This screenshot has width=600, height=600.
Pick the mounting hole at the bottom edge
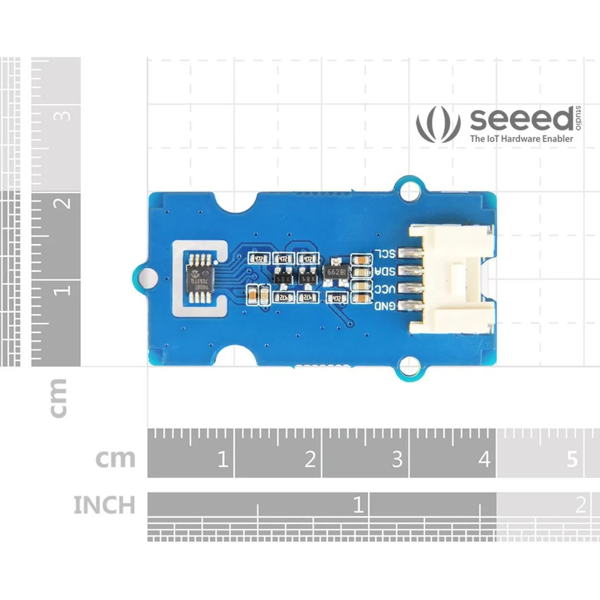(410, 367)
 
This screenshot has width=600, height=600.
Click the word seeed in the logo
(521, 120)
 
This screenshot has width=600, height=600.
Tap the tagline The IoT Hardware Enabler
(521, 139)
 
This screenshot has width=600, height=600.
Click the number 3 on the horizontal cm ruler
(397, 459)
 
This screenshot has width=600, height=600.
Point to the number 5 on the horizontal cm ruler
(572, 459)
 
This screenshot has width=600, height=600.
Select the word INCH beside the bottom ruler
(104, 505)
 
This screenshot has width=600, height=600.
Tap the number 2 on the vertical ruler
(64, 203)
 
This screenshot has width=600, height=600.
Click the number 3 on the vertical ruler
(64, 115)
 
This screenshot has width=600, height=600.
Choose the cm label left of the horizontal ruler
(115, 459)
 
